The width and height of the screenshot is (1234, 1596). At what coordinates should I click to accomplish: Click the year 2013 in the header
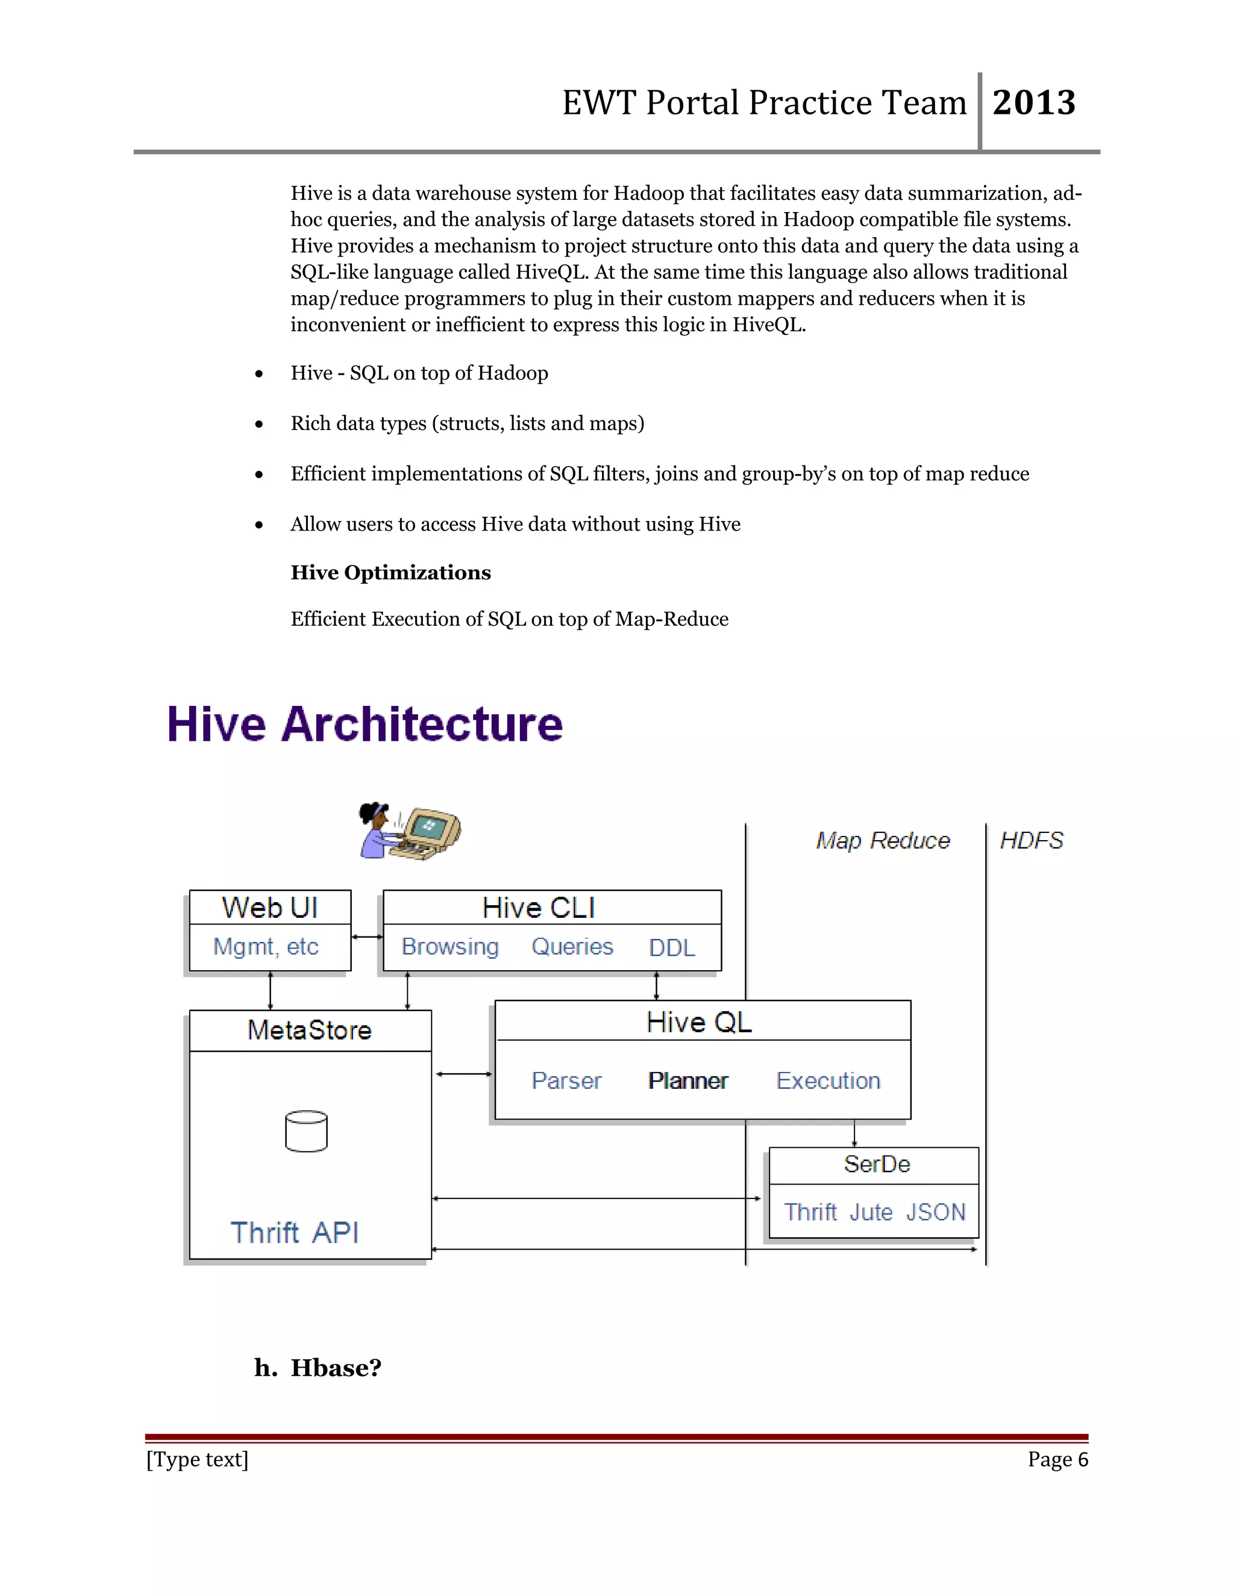[1034, 102]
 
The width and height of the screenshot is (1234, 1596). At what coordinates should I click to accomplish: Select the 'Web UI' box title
[270, 908]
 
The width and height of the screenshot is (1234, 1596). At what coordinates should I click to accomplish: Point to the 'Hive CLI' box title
[539, 908]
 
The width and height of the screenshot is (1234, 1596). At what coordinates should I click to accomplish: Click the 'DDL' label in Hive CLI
[672, 948]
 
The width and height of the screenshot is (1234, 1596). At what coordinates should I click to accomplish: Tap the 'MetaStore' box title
[309, 1030]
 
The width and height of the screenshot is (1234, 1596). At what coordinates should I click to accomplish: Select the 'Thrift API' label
[295, 1233]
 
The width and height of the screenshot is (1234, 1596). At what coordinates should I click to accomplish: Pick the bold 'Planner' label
[688, 1081]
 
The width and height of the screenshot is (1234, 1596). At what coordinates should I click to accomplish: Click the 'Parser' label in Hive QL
[566, 1081]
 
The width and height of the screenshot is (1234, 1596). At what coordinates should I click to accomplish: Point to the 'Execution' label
[828, 1081]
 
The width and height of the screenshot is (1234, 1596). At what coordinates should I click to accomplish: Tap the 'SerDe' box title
[877, 1164]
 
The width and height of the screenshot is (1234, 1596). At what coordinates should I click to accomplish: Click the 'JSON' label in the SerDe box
[936, 1212]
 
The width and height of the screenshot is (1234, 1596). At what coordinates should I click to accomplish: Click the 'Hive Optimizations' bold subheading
[390, 573]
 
